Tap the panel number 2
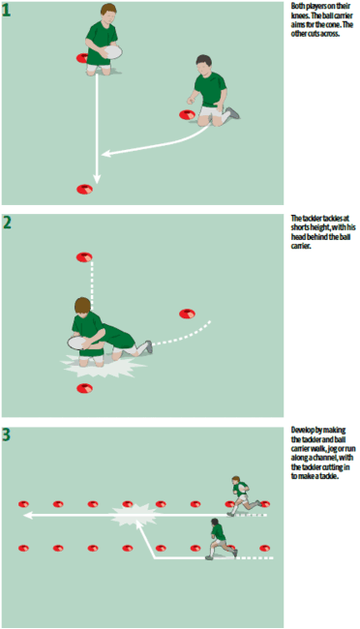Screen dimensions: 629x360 click(x=8, y=222)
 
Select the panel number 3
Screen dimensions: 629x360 click(x=8, y=434)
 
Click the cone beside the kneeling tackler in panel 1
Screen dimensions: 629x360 click(x=186, y=115)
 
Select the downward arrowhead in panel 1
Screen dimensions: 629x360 click(x=97, y=177)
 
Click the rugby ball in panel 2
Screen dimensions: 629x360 click(x=77, y=341)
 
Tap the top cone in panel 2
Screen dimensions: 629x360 click(x=85, y=256)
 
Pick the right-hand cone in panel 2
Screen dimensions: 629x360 click(x=186, y=314)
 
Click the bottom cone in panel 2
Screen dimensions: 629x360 click(x=86, y=389)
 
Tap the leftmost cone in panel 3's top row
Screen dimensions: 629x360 click(x=23, y=504)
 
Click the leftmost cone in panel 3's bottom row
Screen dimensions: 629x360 click(x=23, y=549)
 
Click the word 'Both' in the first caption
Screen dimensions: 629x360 click(x=297, y=6)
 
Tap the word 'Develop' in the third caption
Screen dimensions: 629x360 click(x=302, y=429)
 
